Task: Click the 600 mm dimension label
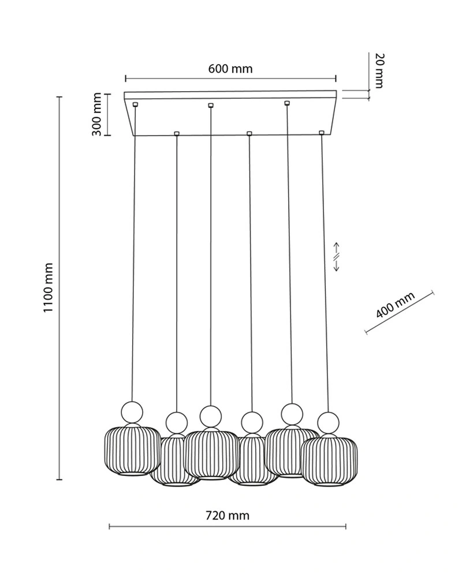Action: point(230,69)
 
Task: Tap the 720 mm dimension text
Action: point(228,515)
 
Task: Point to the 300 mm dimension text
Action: point(96,114)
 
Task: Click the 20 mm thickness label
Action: point(378,70)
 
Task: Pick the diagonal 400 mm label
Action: point(396,306)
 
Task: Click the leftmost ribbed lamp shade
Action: point(132,451)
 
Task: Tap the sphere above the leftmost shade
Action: point(131,412)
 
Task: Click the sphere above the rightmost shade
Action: point(327,422)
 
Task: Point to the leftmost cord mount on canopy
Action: point(135,104)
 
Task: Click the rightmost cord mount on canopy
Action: point(322,133)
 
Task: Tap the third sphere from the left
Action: point(211,415)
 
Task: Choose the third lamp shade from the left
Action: point(211,455)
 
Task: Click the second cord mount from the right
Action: point(286,103)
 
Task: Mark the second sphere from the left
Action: point(176,422)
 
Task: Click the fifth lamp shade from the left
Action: point(291,453)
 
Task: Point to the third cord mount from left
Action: point(211,105)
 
